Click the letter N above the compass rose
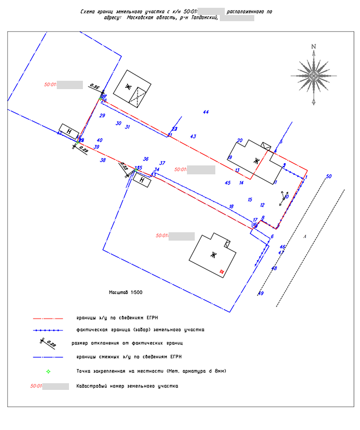click(314, 47)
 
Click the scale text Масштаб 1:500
click(126, 291)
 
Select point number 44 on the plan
click(206, 113)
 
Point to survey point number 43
click(193, 136)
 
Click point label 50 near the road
click(328, 177)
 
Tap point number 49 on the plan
click(260, 294)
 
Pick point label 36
click(146, 159)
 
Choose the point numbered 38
click(102, 160)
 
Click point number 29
click(102, 116)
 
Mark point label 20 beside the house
click(240, 141)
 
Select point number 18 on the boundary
click(231, 207)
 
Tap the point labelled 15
click(250, 199)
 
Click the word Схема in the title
click(88, 11)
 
